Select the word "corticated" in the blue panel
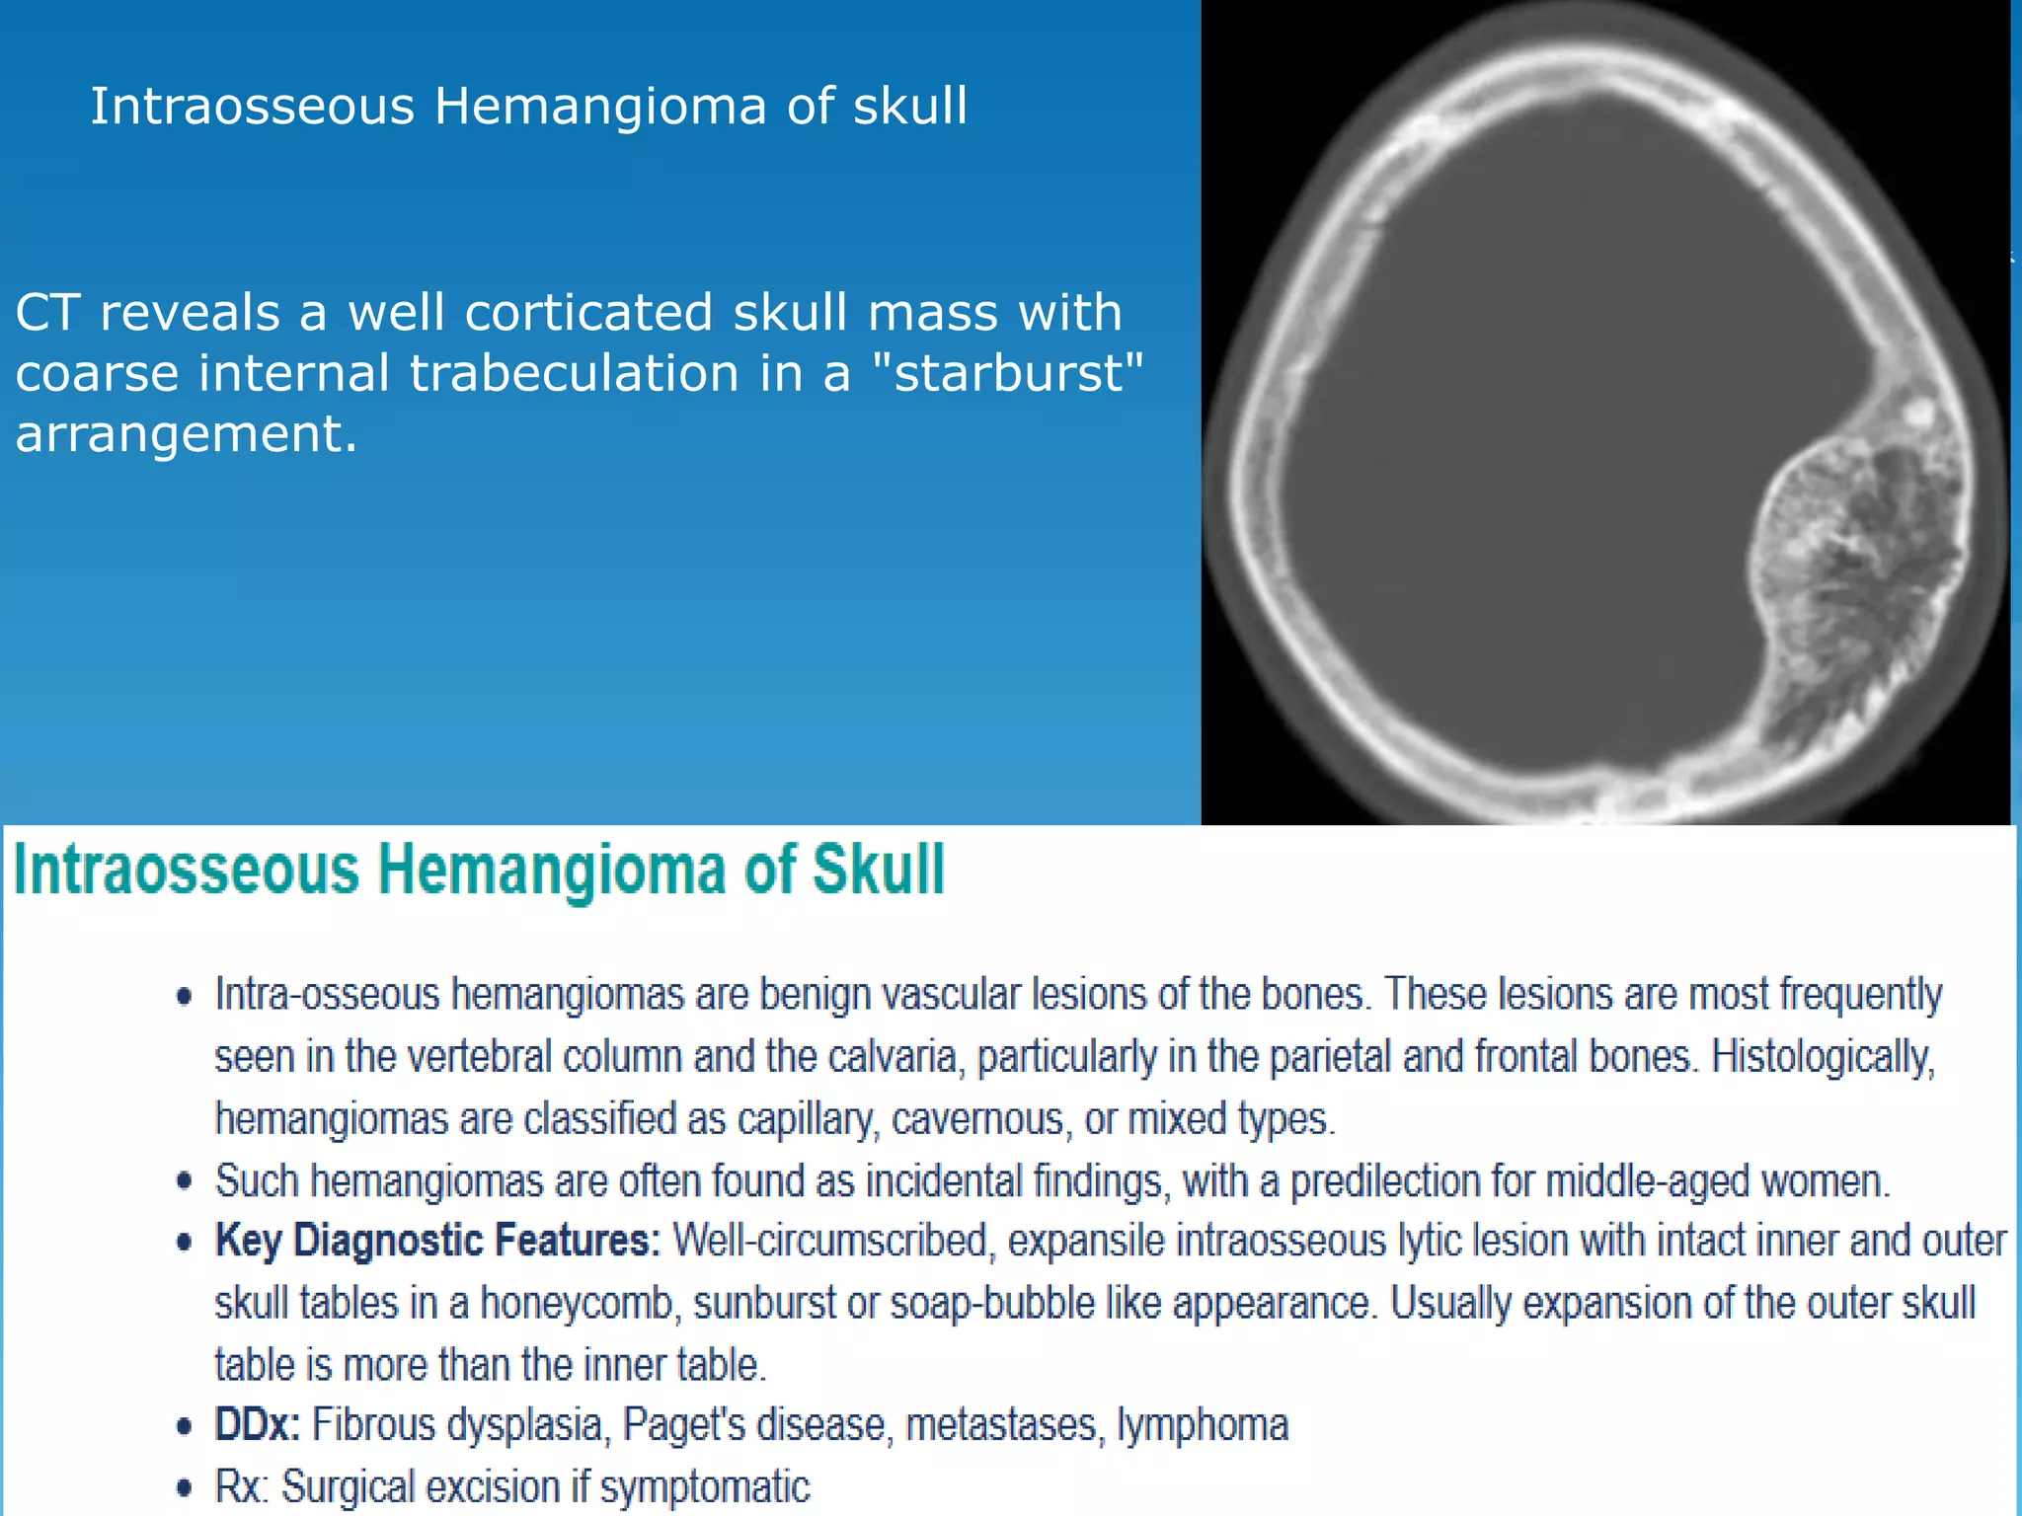click(589, 313)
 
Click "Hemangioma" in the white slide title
click(600, 106)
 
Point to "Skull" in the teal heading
click(878, 870)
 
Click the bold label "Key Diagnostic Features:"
click(437, 1241)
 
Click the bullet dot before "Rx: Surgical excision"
click(184, 1487)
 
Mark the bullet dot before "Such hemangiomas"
click(184, 1181)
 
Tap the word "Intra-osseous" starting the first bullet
click(327, 995)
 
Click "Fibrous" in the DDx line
click(371, 1425)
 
